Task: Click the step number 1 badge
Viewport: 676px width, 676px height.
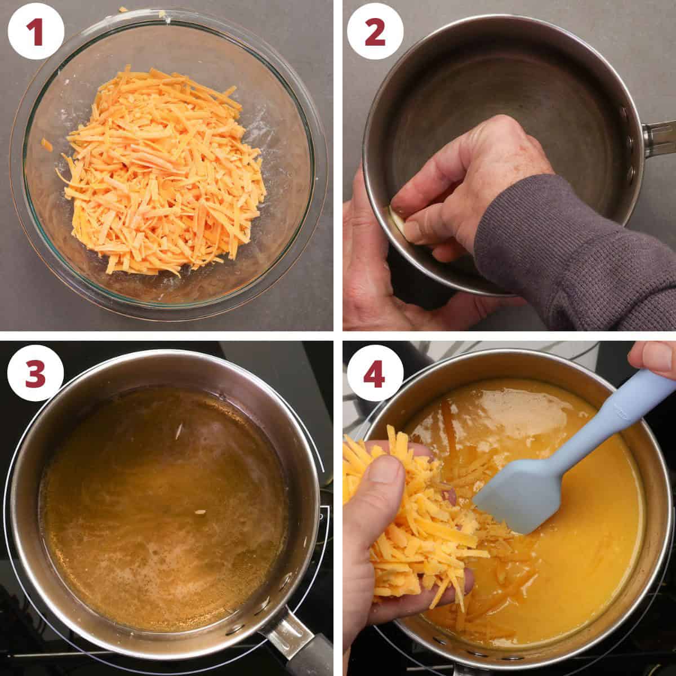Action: coord(35,32)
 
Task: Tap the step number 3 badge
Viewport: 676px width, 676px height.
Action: coord(35,373)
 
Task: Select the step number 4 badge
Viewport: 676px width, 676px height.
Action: coord(375,373)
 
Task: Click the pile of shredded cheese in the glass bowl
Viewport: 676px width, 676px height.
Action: coord(163,169)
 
